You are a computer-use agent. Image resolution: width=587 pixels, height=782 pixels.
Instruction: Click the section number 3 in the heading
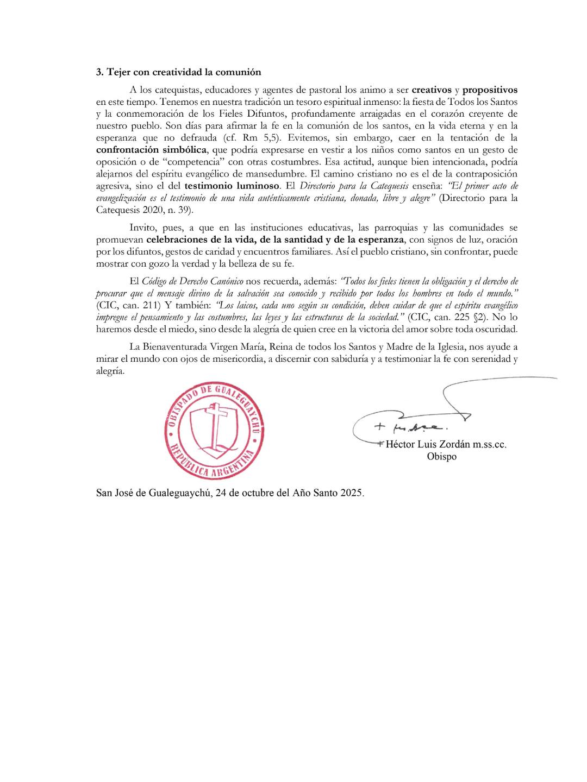click(x=99, y=72)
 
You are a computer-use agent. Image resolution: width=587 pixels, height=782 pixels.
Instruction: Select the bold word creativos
click(x=432, y=90)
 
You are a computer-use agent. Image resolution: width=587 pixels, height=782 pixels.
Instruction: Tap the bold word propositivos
click(x=490, y=90)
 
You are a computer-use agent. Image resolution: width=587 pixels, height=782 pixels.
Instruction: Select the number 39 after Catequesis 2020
click(x=184, y=210)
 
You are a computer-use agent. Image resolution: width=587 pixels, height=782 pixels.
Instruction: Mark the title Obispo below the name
click(x=441, y=457)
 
